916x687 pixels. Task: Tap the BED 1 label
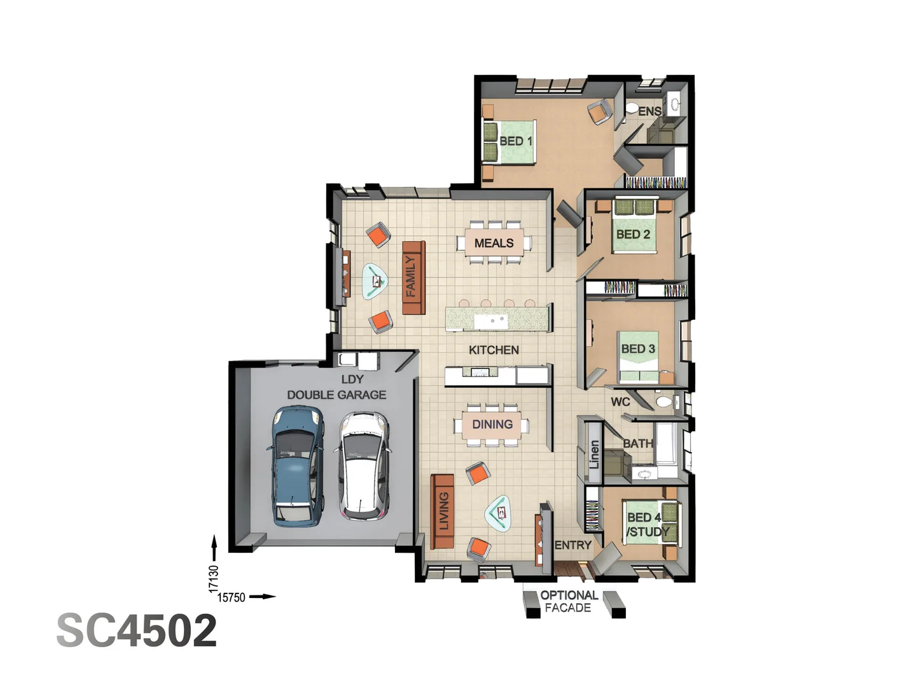point(515,141)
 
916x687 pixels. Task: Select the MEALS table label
point(494,243)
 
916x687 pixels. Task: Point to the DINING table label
point(492,424)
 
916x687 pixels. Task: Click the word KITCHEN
point(494,350)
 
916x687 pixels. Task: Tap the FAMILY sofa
point(413,277)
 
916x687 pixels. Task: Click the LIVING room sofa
point(443,511)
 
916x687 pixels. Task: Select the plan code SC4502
point(137,630)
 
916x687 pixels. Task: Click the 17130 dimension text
point(214,579)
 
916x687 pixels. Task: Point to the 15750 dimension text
point(231,597)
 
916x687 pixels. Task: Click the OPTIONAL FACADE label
point(569,602)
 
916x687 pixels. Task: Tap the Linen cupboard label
point(594,454)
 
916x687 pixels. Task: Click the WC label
point(620,401)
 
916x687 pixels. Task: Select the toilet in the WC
point(664,402)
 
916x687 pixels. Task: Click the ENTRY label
point(572,545)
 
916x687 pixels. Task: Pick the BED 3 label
point(637,349)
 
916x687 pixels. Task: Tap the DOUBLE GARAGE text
point(337,395)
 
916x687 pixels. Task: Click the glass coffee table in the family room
point(375,281)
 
